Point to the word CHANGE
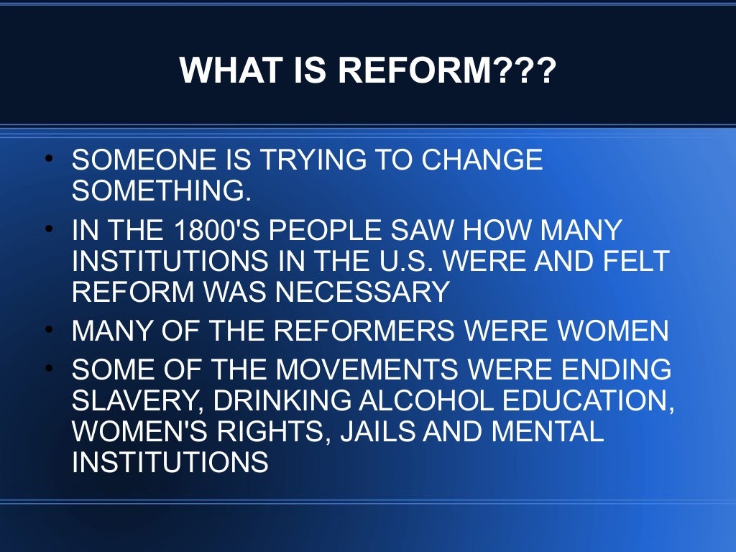(x=483, y=160)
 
